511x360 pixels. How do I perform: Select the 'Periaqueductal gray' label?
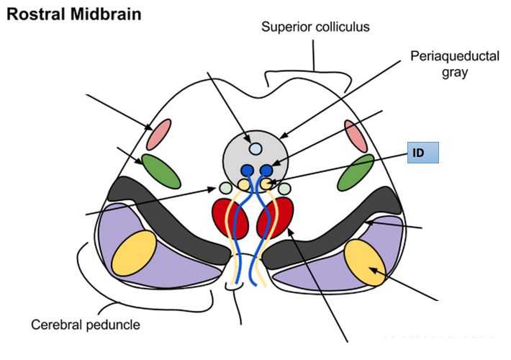(444, 65)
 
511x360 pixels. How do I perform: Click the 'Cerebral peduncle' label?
(86, 324)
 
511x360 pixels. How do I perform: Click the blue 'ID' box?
(422, 153)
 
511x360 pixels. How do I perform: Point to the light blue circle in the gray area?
(256, 149)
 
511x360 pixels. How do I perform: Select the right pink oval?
(356, 135)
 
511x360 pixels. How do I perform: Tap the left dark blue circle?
(248, 171)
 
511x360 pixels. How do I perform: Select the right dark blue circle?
(266, 171)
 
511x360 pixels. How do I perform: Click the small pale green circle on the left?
(226, 189)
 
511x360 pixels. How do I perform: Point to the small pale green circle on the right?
(284, 189)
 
